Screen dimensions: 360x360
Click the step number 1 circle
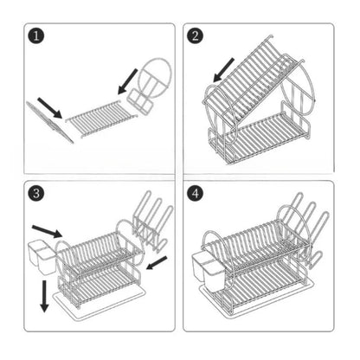(36, 37)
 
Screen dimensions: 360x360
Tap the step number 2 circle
(196, 36)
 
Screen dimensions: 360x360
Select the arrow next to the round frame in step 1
(127, 85)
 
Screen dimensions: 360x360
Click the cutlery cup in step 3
(42, 258)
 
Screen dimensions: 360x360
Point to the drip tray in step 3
(95, 303)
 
